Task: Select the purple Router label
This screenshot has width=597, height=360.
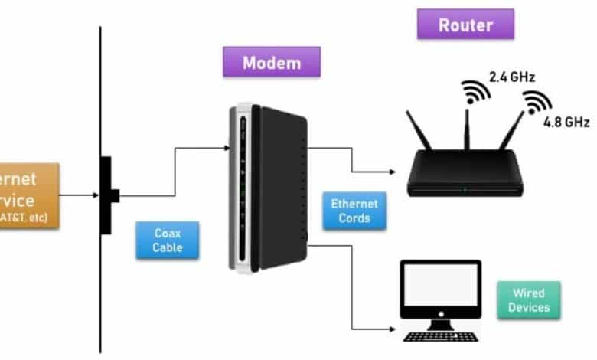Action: (465, 25)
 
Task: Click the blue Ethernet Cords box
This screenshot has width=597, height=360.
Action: (354, 211)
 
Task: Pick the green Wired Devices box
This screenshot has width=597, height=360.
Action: (528, 300)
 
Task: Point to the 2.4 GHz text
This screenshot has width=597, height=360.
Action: (511, 77)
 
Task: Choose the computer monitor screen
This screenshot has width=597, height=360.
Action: (441, 292)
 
